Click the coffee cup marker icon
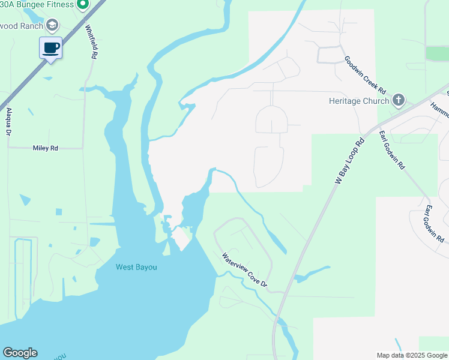tap(51, 47)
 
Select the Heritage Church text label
tap(359, 101)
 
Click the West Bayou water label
tap(136, 267)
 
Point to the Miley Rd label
tap(46, 148)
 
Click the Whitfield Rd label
tap(91, 41)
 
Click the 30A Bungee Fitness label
tap(35, 5)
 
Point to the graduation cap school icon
tap(53, 25)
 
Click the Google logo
tap(20, 353)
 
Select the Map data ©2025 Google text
tap(412, 355)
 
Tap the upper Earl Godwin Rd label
tap(391, 149)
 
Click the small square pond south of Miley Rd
tap(58, 212)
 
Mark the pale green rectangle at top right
tap(437, 53)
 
